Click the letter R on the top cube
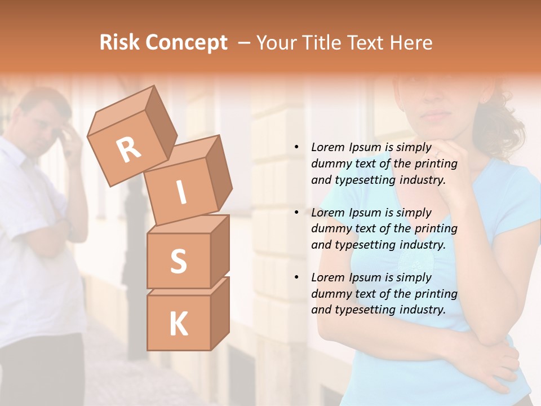coord(128,149)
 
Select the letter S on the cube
coord(178,262)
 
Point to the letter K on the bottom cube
coord(178,324)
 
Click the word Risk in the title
coord(119,43)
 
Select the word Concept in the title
coord(187,43)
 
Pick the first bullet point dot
coord(296,148)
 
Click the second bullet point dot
coord(296,213)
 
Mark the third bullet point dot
coord(296,278)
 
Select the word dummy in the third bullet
coord(331,294)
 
